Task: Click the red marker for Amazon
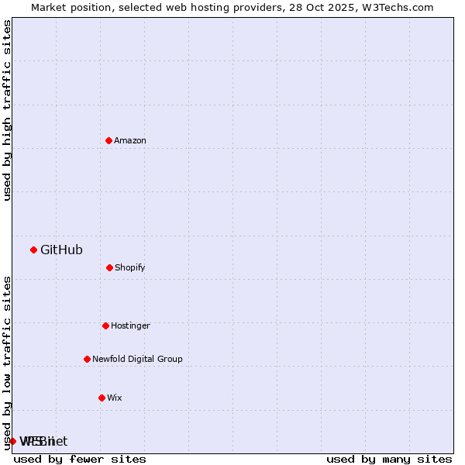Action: click(108, 140)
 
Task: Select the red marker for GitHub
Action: click(33, 250)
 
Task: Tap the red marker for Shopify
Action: click(109, 267)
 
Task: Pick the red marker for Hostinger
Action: click(105, 325)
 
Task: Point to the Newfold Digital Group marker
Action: click(87, 359)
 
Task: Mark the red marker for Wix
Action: click(102, 398)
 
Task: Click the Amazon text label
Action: click(130, 140)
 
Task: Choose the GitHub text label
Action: click(61, 250)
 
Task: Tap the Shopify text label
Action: click(130, 267)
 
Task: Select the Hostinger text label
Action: click(130, 325)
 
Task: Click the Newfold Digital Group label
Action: click(137, 359)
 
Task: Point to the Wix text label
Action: click(115, 398)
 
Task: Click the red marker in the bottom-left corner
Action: click(12, 441)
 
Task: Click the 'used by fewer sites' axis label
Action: click(80, 459)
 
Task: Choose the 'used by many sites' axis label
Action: click(389, 459)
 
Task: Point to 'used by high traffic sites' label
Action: click(7, 110)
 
